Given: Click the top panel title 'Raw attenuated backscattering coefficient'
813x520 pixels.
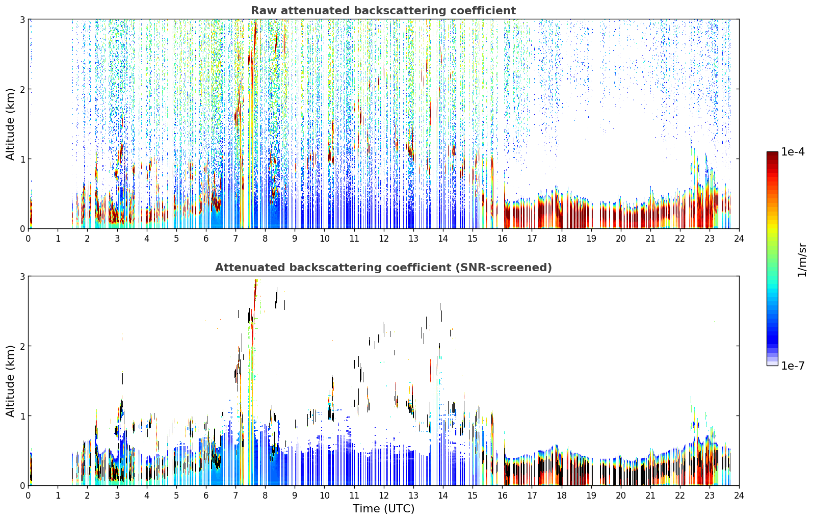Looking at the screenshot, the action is pyautogui.click(x=383, y=11).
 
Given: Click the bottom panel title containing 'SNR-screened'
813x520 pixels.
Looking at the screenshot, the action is pyautogui.click(x=383, y=268).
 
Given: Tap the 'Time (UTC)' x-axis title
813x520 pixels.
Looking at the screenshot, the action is pyautogui.click(x=383, y=508).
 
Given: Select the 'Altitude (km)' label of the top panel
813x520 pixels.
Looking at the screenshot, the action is pyautogui.click(x=10, y=124).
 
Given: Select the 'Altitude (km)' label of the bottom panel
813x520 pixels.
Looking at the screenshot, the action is pyautogui.click(x=10, y=381).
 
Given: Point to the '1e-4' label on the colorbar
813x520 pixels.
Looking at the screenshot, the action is pyautogui.click(x=793, y=152).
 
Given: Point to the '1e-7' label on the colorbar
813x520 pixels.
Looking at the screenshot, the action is pyautogui.click(x=793, y=366).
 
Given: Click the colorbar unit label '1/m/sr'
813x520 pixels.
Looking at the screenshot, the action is pyautogui.click(x=802, y=260).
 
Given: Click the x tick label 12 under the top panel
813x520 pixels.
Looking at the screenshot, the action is pyautogui.click(x=384, y=239).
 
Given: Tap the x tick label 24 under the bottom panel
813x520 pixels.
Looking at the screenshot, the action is pyautogui.click(x=739, y=496).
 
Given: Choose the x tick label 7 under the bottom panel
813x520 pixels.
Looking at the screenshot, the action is pyautogui.click(x=235, y=496).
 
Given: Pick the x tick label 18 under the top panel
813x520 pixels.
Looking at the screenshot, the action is pyautogui.click(x=562, y=239).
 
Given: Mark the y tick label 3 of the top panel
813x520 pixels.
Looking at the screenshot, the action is pyautogui.click(x=22, y=19).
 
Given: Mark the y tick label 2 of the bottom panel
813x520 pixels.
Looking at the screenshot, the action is pyautogui.click(x=22, y=347).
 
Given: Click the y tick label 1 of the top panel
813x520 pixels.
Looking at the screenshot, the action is pyautogui.click(x=22, y=159).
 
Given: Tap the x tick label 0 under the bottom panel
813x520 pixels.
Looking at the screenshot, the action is pyautogui.click(x=29, y=496).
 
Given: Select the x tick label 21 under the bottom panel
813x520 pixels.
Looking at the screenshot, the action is pyautogui.click(x=650, y=496).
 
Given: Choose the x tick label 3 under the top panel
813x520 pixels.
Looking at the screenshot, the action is pyautogui.click(x=117, y=239).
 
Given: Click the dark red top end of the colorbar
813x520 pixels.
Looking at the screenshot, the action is pyautogui.click(x=772, y=153).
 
